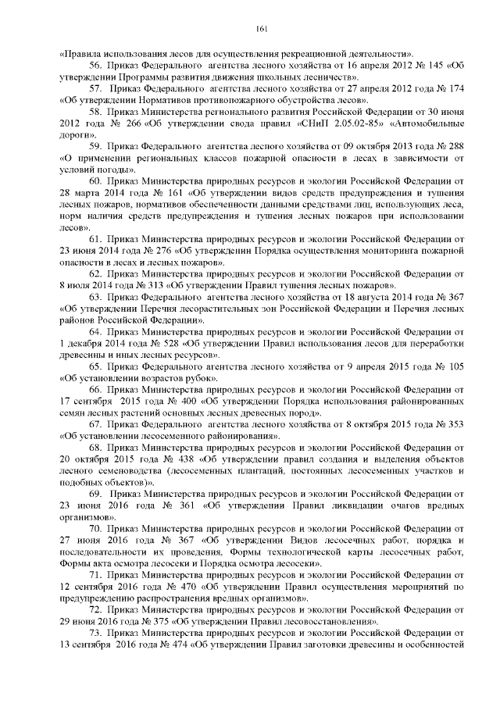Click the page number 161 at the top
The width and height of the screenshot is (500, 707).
coord(262,29)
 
